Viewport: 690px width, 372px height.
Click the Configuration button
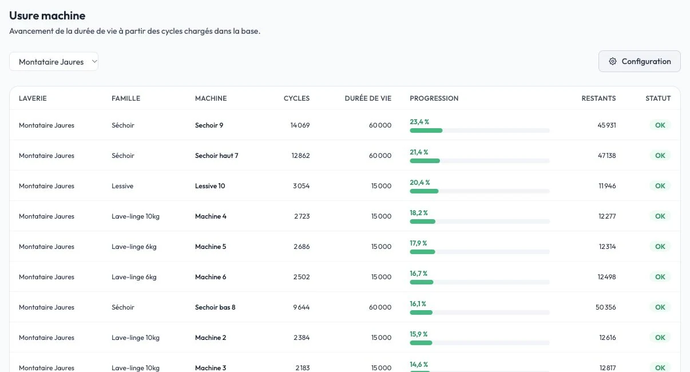[x=640, y=61]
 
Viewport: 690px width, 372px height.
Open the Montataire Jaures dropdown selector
[x=54, y=62]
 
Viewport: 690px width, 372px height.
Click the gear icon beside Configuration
[x=613, y=61]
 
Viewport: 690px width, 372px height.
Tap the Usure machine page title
[x=47, y=15]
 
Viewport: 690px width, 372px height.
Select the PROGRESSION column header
[x=434, y=98]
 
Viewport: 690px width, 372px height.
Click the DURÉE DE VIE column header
[x=368, y=98]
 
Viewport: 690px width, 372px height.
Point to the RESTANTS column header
[x=598, y=98]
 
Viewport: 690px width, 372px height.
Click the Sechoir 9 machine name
[x=209, y=125]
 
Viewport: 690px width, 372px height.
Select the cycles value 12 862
[x=300, y=155]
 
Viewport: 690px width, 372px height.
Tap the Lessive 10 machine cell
[x=210, y=186]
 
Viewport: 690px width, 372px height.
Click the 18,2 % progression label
[x=419, y=213]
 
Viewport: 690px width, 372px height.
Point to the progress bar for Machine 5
[x=479, y=252]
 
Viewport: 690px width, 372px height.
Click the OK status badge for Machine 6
[x=660, y=277]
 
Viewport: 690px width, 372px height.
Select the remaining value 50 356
[x=605, y=307]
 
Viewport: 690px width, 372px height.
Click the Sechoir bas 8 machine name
[x=215, y=307]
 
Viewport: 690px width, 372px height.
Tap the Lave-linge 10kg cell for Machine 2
[x=136, y=338]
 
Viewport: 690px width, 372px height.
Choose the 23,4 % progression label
[x=419, y=122]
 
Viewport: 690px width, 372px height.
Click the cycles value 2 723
[x=302, y=216]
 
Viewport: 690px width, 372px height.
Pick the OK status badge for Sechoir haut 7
[x=660, y=155]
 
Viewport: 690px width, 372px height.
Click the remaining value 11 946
[x=607, y=186]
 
